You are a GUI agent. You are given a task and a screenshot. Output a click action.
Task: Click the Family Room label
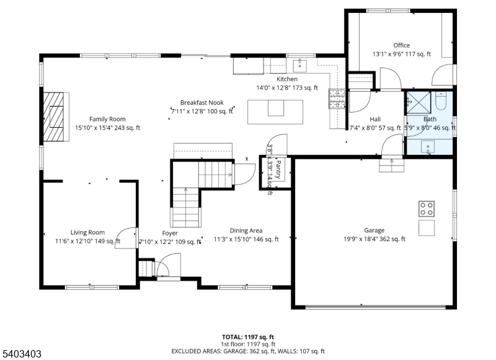coord(107,119)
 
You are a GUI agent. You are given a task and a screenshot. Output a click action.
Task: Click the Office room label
coord(401,45)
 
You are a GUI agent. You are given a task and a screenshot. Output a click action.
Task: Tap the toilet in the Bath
coord(441,100)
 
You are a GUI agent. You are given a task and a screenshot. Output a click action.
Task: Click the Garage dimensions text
coord(375,239)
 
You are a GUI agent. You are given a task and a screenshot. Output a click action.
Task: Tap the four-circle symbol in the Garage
coord(427,208)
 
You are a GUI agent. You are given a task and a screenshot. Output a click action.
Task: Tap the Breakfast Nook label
coord(202,102)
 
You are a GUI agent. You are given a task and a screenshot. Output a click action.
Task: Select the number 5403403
coord(22,353)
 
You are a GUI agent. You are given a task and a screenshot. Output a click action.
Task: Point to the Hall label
coord(375,119)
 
